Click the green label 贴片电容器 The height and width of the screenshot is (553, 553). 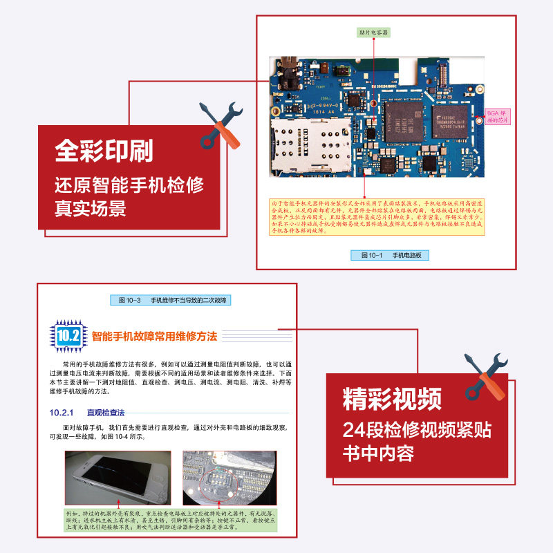coord(373,32)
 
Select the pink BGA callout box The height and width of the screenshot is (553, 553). coord(497,116)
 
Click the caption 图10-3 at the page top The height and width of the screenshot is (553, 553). coord(173,300)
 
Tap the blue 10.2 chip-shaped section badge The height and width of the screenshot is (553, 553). coord(68,336)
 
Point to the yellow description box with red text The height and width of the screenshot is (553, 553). coord(377,216)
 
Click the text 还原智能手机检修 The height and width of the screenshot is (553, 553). coord(129,185)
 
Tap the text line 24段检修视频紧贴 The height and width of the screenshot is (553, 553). coord(417,431)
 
